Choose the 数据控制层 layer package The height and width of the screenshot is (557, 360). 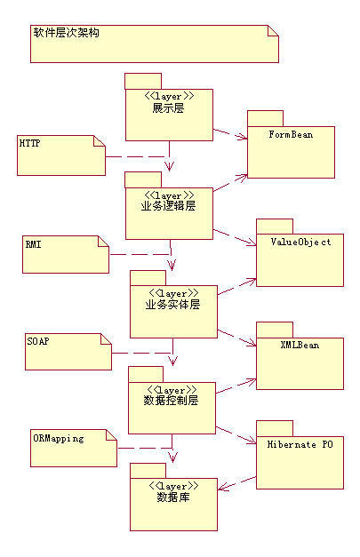click(172, 408)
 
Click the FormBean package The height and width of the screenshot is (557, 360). click(291, 151)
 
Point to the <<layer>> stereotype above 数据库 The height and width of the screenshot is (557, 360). click(172, 486)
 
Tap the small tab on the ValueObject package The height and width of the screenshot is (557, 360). click(274, 225)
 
